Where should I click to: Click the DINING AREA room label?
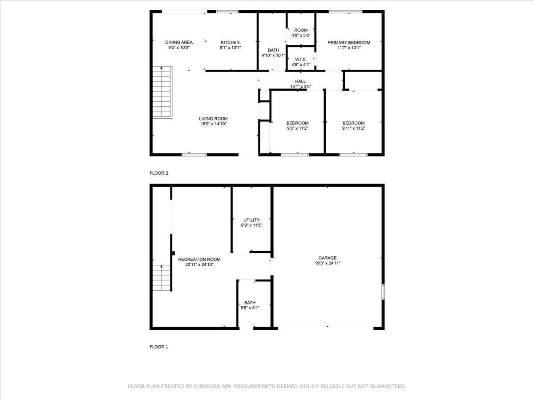click(x=178, y=43)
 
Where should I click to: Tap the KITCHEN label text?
click(x=230, y=43)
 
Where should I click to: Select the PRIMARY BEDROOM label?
click(x=349, y=43)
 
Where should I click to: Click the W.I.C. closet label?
click(x=301, y=60)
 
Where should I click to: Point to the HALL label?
click(x=300, y=81)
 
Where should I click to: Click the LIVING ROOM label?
click(x=213, y=119)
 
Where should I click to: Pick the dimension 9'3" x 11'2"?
click(x=297, y=128)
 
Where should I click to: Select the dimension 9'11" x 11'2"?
click(x=353, y=128)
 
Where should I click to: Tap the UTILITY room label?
click(x=251, y=220)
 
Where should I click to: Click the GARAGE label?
click(x=327, y=258)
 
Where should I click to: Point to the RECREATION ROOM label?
click(x=199, y=259)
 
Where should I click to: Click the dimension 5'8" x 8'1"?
click(x=250, y=308)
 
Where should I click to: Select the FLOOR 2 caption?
click(x=159, y=173)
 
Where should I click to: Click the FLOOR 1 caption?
click(x=159, y=347)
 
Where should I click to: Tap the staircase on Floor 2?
click(x=162, y=92)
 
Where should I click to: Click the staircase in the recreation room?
click(x=161, y=277)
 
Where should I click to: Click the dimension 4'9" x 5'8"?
click(x=301, y=35)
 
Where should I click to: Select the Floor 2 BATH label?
click(x=273, y=50)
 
